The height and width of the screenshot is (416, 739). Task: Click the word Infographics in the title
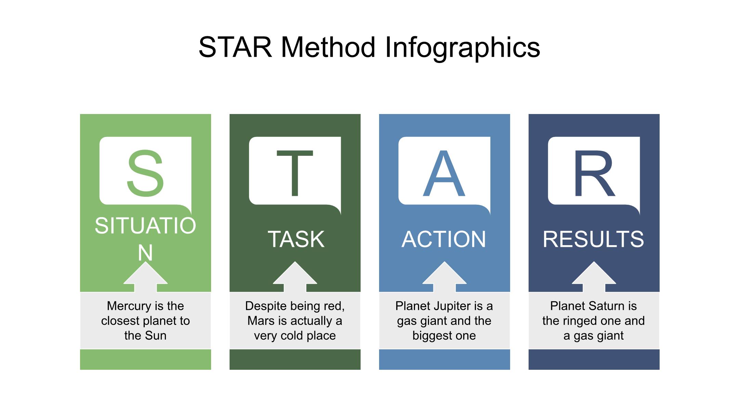point(463,48)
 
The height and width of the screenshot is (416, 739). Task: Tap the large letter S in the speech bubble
point(145,174)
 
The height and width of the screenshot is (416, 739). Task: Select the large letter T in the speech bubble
point(295,174)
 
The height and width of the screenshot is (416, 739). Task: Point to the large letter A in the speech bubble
point(444,174)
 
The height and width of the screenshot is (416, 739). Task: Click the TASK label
point(296,239)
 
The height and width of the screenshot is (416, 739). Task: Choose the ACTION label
point(444,239)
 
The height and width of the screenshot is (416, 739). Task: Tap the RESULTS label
point(594,239)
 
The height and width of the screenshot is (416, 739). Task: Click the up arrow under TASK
point(295,277)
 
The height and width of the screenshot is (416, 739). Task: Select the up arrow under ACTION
point(444,277)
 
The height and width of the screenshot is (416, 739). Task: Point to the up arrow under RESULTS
point(594,277)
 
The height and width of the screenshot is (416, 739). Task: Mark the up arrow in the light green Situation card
point(145,277)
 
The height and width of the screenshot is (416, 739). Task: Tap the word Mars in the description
point(261,321)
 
